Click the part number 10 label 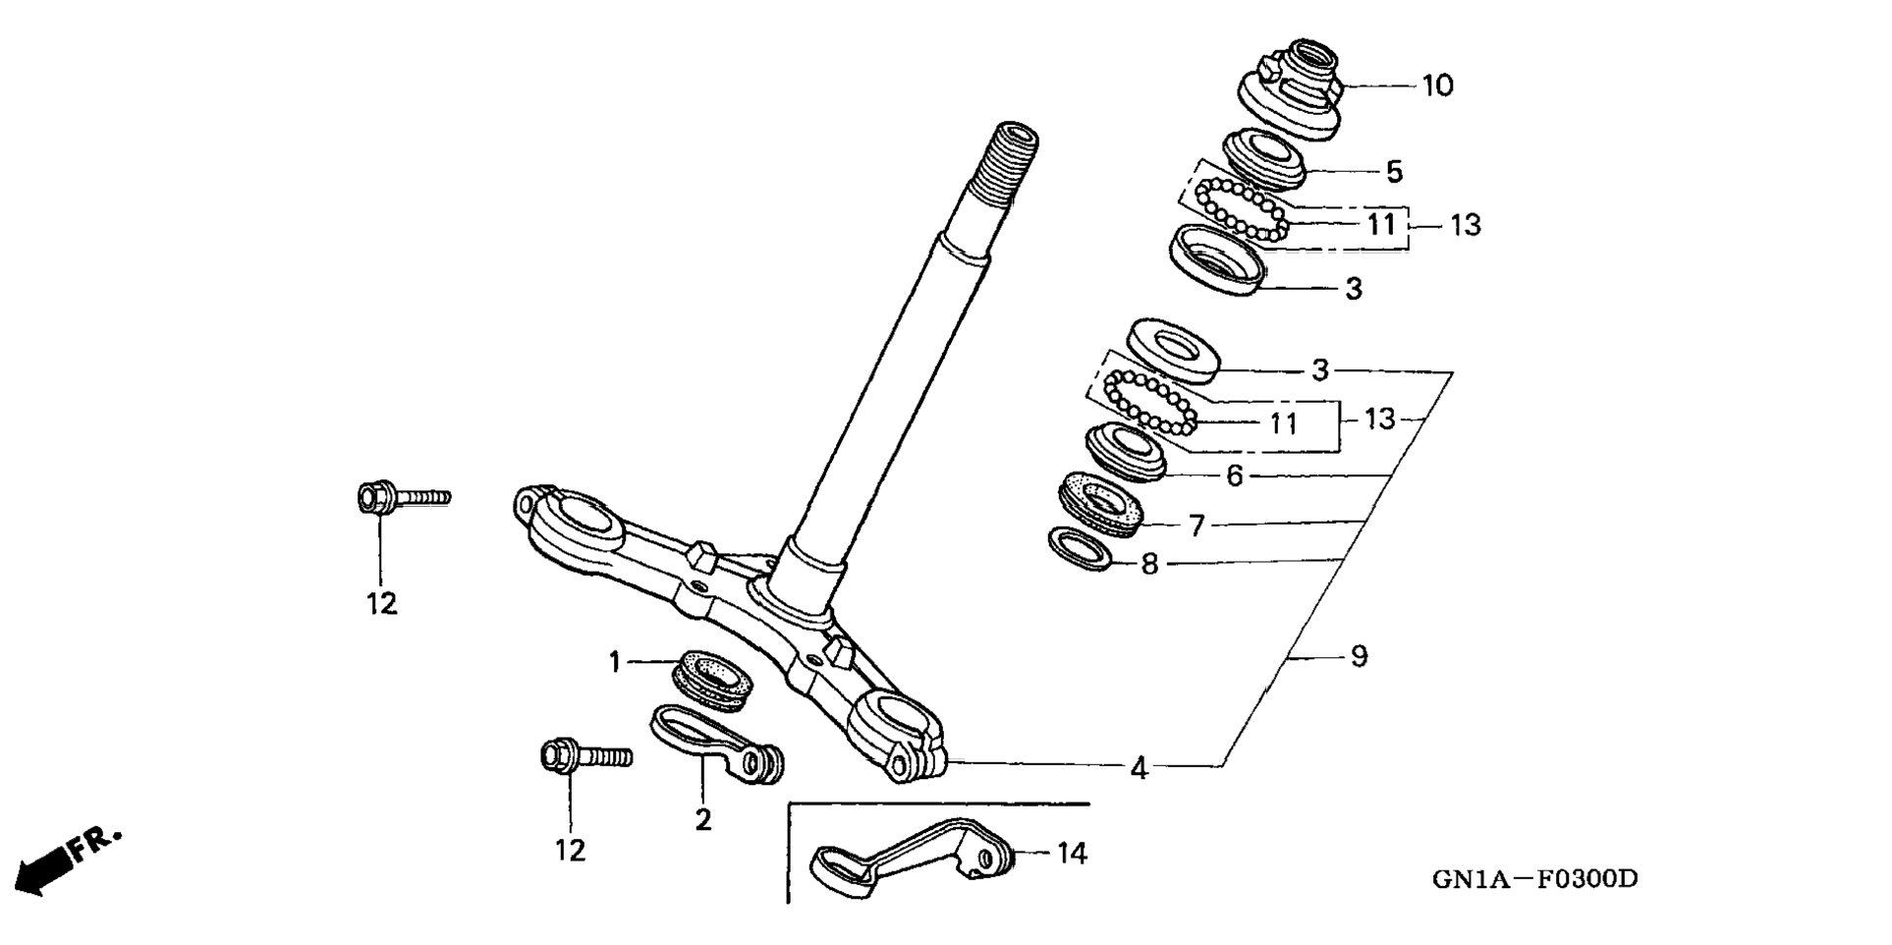click(x=1437, y=85)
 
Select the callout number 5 click(x=1394, y=172)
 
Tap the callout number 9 click(x=1359, y=656)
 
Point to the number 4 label click(x=1139, y=768)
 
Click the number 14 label click(x=1072, y=854)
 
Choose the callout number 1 click(x=615, y=663)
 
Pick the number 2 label click(x=702, y=820)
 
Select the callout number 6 click(x=1235, y=476)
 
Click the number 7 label click(x=1196, y=527)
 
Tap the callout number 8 click(x=1150, y=565)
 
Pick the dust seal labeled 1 click(x=712, y=679)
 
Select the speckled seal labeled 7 click(x=1101, y=504)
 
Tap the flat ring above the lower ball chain click(x=1173, y=349)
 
